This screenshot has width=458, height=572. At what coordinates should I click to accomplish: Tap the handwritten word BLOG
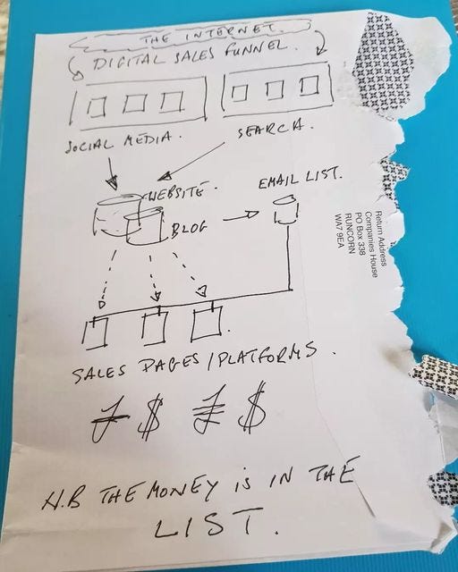(x=189, y=229)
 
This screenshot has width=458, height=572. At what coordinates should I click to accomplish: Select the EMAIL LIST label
(x=300, y=179)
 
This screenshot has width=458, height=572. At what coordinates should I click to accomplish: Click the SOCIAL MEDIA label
(x=118, y=142)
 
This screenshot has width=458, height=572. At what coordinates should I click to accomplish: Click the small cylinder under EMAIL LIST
(x=286, y=211)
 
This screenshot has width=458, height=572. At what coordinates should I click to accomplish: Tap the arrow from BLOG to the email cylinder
(x=241, y=216)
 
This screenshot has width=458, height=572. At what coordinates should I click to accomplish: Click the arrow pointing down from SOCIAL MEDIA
(x=111, y=171)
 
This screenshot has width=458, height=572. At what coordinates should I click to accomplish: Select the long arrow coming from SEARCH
(x=191, y=161)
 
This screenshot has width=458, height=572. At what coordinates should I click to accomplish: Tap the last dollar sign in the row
(x=252, y=407)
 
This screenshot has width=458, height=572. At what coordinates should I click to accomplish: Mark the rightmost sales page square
(x=207, y=323)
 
